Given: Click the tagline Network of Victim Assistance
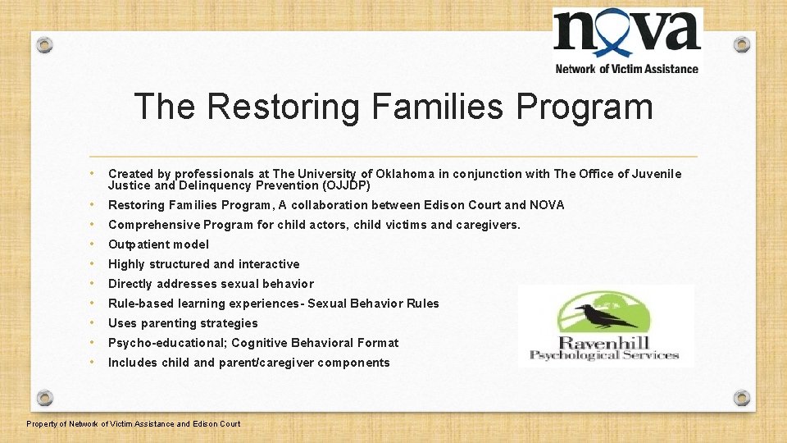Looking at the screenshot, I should click(x=627, y=69).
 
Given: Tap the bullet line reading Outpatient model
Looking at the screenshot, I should click(x=158, y=244).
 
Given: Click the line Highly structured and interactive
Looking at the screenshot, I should click(x=203, y=264).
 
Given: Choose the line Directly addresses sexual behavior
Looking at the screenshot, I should click(x=211, y=284).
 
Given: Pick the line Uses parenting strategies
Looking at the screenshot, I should click(x=183, y=323).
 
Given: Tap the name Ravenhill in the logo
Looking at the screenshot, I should click(x=605, y=342).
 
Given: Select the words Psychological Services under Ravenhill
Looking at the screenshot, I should click(x=604, y=355).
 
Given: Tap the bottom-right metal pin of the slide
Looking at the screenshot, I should click(x=742, y=398).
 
